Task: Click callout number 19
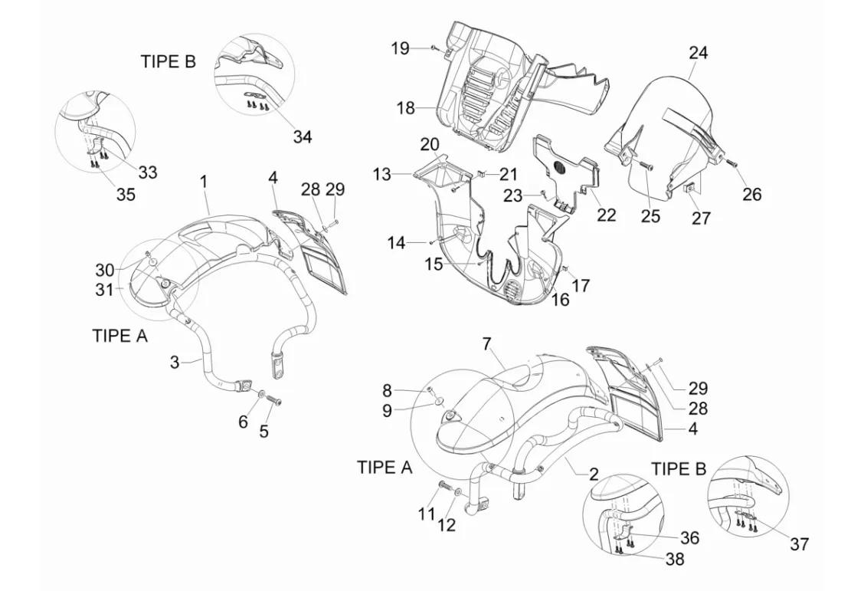(401, 48)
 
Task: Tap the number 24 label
(698, 53)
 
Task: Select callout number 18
(405, 108)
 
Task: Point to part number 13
(381, 174)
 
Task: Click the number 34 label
(302, 136)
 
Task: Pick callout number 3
(175, 363)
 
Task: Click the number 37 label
(800, 544)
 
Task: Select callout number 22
(606, 215)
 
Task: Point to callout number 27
(701, 218)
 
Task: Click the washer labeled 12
(459, 491)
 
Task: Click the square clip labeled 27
(689, 189)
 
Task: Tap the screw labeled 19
(434, 48)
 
